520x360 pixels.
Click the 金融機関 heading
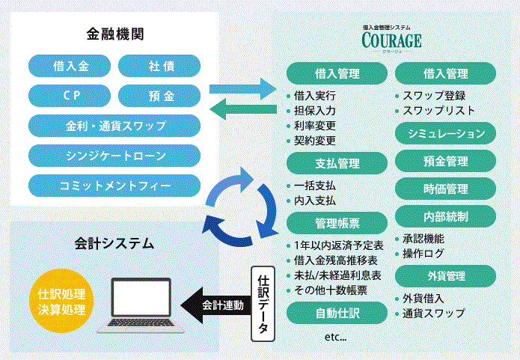(x=114, y=34)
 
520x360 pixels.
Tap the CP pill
(x=71, y=96)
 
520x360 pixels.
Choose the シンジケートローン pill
(x=114, y=155)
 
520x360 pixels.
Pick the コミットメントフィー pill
(x=114, y=184)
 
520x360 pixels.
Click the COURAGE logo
(x=391, y=38)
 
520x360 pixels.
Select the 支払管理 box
(x=336, y=162)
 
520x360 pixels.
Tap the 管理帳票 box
(x=336, y=222)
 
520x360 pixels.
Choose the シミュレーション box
(x=445, y=133)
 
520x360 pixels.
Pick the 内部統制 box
(x=445, y=216)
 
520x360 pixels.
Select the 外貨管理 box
(x=445, y=275)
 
